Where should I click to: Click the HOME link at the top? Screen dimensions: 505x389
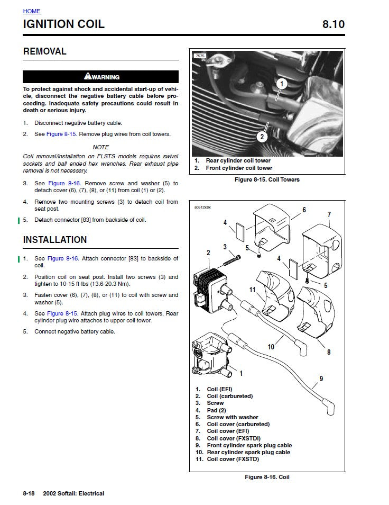(31, 11)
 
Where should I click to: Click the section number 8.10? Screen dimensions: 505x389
(333, 24)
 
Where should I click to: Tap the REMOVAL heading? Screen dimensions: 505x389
(45, 51)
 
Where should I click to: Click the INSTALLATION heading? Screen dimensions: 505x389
(55, 240)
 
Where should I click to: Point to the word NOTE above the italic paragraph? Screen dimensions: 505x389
(100, 147)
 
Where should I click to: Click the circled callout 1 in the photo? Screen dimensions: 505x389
(281, 83)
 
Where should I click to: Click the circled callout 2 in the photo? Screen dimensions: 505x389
(262, 137)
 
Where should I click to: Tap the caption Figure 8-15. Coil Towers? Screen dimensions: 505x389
(267, 179)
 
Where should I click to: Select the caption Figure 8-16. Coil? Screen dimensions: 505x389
(267, 477)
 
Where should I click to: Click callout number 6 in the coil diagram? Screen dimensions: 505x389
(304, 210)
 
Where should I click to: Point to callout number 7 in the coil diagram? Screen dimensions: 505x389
(329, 214)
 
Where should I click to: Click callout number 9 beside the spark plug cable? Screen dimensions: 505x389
(321, 378)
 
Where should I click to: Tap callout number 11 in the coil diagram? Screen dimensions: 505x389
(253, 290)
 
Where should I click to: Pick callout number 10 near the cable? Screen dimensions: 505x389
(271, 347)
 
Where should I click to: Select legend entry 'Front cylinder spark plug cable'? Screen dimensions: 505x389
(249, 445)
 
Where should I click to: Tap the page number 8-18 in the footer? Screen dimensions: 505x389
(29, 493)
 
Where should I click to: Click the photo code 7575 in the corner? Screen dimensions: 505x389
(200, 56)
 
